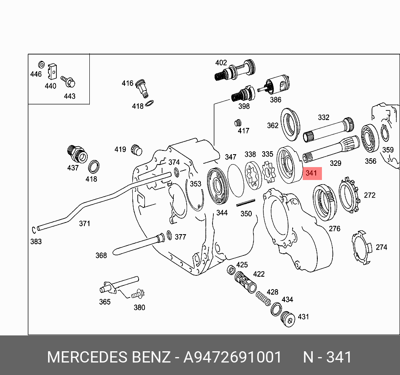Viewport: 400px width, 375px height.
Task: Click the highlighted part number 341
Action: [x=311, y=173]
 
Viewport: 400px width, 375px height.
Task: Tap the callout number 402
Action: [x=221, y=63]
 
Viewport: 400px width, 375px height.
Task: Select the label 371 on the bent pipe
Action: [x=84, y=224]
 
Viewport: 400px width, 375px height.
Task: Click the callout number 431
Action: [x=303, y=317]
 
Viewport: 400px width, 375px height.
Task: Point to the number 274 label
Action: [x=381, y=247]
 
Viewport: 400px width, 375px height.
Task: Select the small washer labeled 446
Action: [x=41, y=65]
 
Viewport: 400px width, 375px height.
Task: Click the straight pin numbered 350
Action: [x=246, y=203]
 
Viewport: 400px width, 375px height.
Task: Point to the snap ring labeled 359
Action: [x=385, y=133]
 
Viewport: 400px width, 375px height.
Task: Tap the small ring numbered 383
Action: [x=33, y=229]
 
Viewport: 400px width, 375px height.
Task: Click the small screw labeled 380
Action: [x=136, y=294]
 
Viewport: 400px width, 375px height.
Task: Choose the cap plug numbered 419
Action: [x=137, y=149]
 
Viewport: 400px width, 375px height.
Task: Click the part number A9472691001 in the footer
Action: [x=233, y=357]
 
